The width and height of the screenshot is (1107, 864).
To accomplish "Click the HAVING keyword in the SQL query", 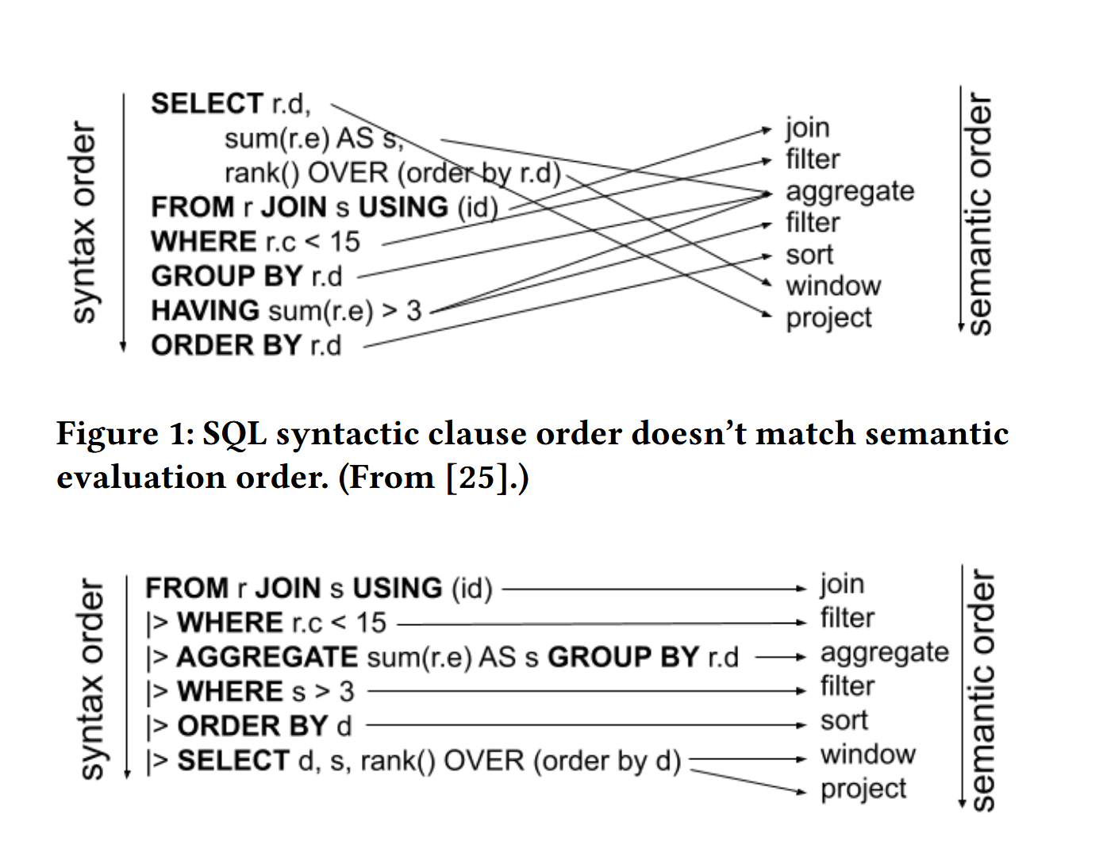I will click(205, 310).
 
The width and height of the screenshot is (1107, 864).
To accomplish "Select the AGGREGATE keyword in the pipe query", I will click(267, 657).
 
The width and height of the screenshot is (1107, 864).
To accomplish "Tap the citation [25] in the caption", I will click(476, 477).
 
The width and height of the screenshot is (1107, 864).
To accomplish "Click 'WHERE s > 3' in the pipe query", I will click(265, 691).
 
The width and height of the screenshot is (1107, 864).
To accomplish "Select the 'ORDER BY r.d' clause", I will click(246, 345).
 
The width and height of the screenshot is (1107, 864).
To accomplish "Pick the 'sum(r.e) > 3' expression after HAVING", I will click(345, 310).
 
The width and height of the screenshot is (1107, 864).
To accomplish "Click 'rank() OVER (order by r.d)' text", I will click(392, 172).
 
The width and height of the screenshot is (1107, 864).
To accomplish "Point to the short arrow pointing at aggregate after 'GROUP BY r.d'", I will click(781, 657).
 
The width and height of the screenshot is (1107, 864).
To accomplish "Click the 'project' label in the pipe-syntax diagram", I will click(863, 789).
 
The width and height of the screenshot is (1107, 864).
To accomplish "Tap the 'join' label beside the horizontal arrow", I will click(842, 585).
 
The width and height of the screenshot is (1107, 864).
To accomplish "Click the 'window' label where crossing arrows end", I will click(833, 286).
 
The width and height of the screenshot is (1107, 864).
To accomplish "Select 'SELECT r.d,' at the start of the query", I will click(230, 104).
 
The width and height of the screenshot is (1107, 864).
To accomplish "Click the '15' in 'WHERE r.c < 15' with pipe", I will click(371, 623).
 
